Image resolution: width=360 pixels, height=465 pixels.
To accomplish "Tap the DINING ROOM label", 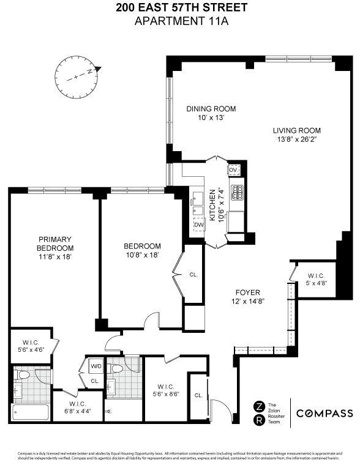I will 211,109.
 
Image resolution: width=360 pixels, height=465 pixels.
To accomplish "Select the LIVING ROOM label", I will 296,130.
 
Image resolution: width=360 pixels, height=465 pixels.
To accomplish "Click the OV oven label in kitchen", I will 233,169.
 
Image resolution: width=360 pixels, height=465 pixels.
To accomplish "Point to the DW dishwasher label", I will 198,225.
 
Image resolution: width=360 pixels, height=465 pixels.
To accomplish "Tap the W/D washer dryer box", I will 96,366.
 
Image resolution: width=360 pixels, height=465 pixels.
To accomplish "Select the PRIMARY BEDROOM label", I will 55,243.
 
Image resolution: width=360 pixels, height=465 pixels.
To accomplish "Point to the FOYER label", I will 245,292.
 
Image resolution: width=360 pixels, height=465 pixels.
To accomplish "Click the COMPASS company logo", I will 324,413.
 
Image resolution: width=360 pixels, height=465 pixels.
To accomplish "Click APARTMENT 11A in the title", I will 179,21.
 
